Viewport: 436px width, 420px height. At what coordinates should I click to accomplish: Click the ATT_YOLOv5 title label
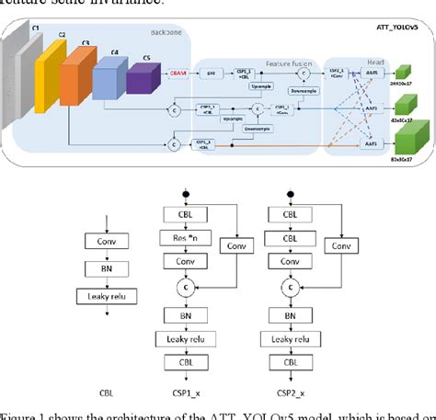398,29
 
